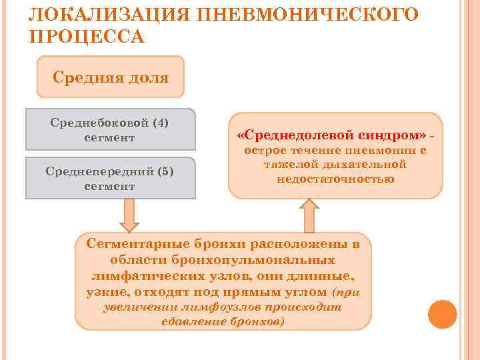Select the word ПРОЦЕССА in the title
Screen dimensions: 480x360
[87, 35]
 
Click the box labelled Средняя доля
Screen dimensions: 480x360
[111, 77]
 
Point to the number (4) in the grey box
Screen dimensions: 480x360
[161, 123]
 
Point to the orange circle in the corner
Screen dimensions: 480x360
[441, 314]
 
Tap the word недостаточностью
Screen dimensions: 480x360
[335, 179]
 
